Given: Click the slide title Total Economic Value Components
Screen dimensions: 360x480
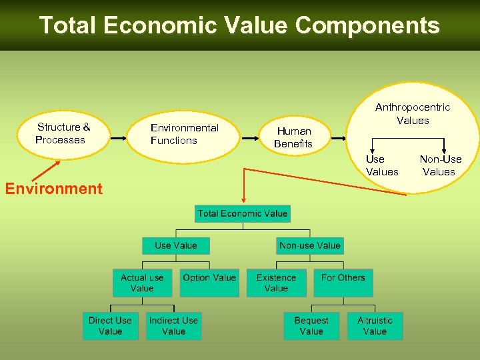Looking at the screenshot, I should [x=239, y=25].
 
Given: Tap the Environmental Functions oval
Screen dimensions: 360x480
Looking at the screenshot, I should [x=184, y=135].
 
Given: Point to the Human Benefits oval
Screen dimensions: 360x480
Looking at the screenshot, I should [x=293, y=137].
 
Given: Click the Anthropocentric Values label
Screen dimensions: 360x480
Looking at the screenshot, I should [x=413, y=113].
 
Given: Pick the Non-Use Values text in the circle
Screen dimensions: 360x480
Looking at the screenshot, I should [x=440, y=165].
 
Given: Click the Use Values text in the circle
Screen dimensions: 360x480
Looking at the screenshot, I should [x=382, y=165].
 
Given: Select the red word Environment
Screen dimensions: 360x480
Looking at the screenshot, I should [x=53, y=189].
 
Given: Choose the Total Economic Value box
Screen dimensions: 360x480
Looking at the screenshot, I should [x=243, y=213].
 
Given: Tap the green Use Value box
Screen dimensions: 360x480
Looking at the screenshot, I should [x=176, y=245].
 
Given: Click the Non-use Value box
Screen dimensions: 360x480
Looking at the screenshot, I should [x=310, y=245].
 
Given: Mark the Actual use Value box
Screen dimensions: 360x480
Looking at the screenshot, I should [x=142, y=283].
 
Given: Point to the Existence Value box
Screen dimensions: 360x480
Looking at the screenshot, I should [x=276, y=283].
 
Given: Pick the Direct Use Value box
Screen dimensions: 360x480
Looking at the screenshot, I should [x=110, y=325].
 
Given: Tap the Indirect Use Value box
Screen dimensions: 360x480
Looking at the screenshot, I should [x=173, y=325].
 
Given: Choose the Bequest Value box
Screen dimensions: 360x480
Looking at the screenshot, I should [x=311, y=325].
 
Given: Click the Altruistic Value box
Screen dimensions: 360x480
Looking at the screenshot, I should [x=375, y=325].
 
